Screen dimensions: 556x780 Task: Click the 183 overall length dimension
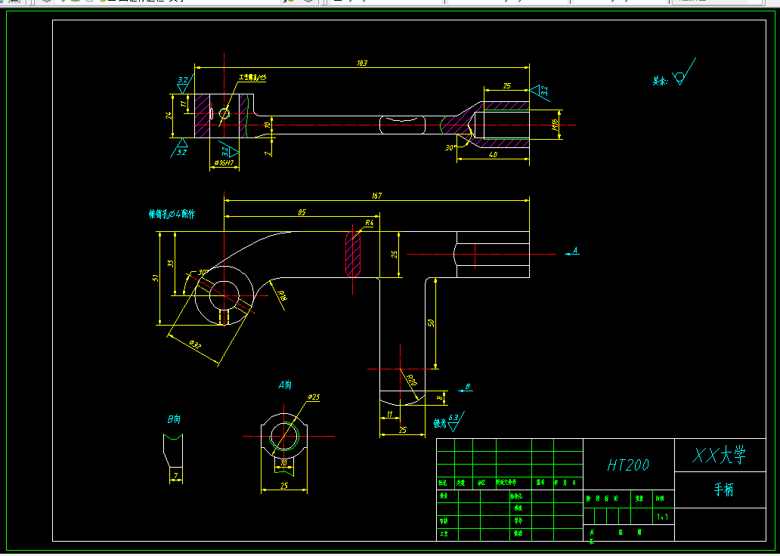click(x=362, y=63)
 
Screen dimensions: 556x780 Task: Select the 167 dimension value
click(x=377, y=196)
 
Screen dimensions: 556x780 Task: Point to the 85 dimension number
click(x=302, y=213)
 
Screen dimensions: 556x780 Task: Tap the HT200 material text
click(x=628, y=465)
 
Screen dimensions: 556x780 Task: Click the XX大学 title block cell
click(x=720, y=456)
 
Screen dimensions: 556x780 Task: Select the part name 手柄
click(x=723, y=490)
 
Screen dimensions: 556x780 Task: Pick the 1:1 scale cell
click(x=662, y=517)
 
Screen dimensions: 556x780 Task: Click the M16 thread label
click(x=556, y=125)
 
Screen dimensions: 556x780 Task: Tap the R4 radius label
click(x=370, y=223)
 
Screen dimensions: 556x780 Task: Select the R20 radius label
click(x=411, y=379)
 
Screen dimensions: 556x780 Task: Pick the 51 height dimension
click(x=156, y=278)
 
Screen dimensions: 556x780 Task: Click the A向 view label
click(x=284, y=385)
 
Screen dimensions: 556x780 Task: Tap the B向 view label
click(x=174, y=418)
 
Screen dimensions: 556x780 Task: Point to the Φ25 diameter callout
click(x=314, y=397)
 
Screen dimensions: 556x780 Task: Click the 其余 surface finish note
click(x=661, y=80)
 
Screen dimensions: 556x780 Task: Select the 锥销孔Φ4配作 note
click(x=172, y=214)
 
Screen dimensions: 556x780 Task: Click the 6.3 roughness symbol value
click(x=453, y=417)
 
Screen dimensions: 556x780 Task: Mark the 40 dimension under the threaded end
click(x=493, y=154)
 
